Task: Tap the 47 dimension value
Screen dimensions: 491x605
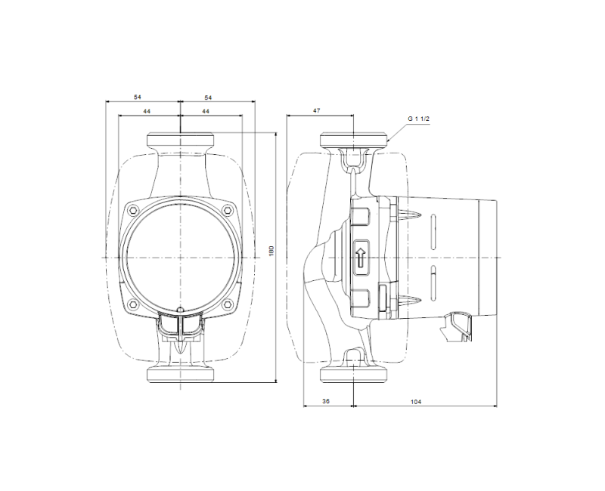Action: (317, 111)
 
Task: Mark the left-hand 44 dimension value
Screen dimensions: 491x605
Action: (145, 111)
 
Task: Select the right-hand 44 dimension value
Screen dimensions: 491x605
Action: (206, 111)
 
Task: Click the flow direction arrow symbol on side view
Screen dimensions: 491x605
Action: (361, 258)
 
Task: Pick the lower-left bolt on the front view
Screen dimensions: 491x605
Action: (134, 304)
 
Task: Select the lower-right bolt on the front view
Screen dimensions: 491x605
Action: (228, 304)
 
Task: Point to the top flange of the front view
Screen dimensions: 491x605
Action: (181, 141)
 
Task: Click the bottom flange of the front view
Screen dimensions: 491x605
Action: (181, 375)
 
